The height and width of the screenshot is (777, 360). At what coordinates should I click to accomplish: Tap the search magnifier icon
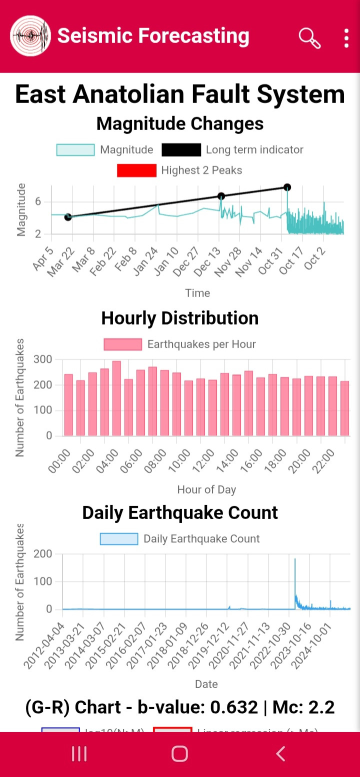309,37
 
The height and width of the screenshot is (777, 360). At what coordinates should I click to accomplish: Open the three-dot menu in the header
346,38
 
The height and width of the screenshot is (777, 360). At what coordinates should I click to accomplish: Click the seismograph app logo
30,36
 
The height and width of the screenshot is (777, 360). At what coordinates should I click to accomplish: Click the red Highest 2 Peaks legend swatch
136,170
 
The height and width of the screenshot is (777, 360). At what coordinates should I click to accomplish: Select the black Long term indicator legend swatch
181,150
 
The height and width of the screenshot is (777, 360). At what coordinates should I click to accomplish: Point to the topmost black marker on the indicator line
287,187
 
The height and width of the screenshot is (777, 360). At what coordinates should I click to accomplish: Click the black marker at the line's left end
68,217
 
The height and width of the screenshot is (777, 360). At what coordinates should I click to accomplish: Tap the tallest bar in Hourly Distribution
116,398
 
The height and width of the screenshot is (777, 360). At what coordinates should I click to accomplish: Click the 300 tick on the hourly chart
42,359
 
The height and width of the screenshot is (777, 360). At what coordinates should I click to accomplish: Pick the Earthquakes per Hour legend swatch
122,344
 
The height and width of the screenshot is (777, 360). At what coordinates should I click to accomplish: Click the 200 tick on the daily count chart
42,554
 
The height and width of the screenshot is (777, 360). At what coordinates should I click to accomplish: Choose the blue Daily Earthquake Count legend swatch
119,539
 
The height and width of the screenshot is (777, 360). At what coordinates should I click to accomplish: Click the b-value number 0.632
234,707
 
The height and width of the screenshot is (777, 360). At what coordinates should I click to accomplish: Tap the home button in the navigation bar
179,753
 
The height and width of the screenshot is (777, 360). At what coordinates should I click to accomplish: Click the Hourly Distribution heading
180,318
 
